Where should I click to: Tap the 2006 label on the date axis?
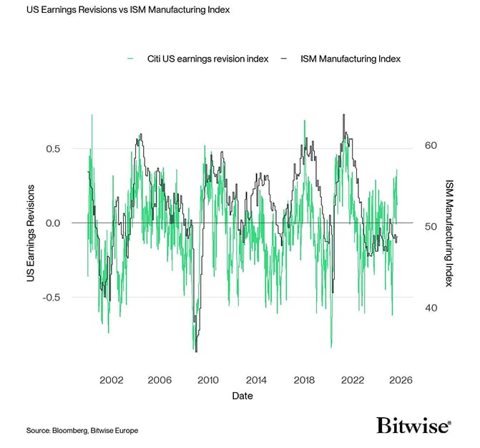pos(160,380)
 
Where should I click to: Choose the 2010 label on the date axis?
pos(208,380)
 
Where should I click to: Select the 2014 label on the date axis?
pos(256,380)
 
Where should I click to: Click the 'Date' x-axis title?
pos(242,396)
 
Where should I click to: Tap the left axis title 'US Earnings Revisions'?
pos(31,233)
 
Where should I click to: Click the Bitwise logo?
pos(413,426)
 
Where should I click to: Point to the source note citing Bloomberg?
pos(82,430)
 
